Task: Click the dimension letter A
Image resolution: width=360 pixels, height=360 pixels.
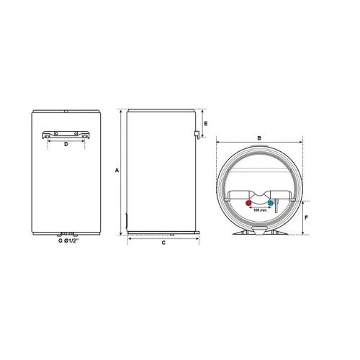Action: point(117,170)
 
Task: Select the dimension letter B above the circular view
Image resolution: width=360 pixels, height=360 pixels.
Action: point(259,138)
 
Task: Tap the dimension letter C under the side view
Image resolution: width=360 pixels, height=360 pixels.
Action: point(163,243)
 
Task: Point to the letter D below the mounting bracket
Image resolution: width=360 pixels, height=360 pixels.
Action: point(66,144)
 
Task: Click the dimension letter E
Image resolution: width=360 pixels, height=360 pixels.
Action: point(206,124)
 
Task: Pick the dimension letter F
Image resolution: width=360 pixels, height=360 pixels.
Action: point(306,217)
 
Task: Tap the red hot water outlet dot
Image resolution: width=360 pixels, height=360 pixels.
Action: point(248,203)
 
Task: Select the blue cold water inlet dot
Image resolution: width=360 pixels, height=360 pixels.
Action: point(271,203)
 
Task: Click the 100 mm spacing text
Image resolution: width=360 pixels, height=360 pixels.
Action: point(260,210)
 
